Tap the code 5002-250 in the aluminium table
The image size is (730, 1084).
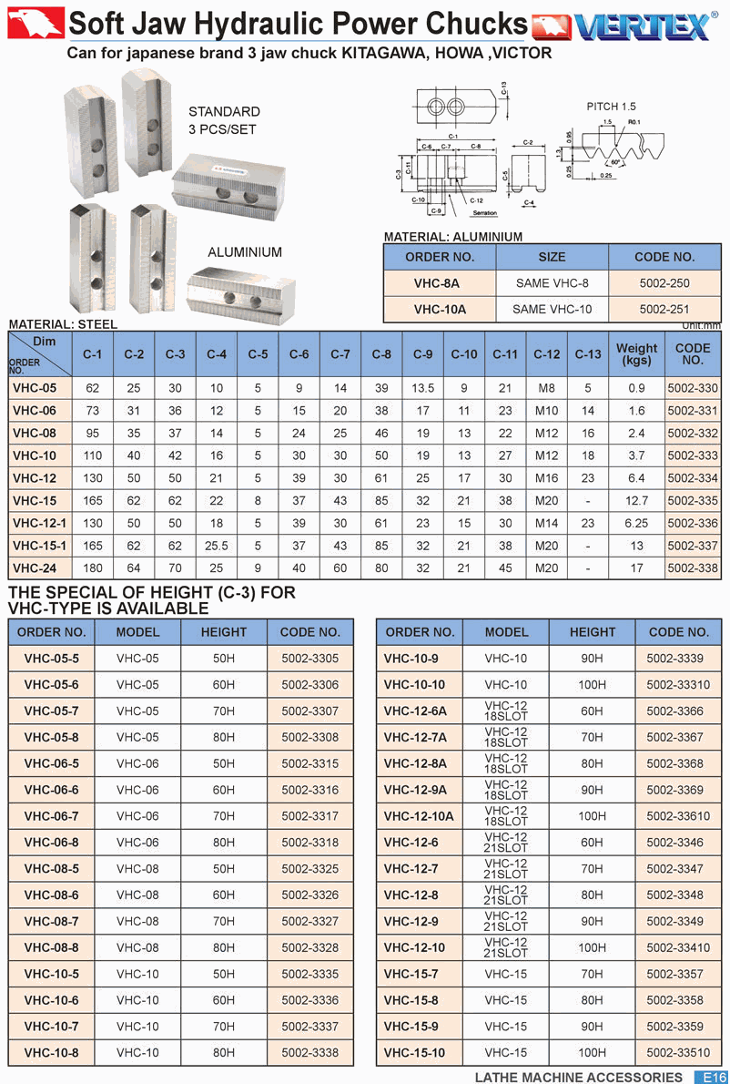click(x=664, y=283)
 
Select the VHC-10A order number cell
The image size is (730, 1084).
click(x=440, y=309)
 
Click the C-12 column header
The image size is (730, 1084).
click(x=547, y=354)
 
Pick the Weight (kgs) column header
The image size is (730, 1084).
click(x=636, y=354)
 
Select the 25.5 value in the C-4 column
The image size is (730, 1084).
click(x=217, y=546)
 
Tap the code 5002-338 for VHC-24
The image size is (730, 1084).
click(x=693, y=568)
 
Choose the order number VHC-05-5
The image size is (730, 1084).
click(x=51, y=659)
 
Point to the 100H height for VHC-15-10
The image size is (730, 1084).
click(x=592, y=1053)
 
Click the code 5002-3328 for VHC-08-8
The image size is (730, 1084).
click(x=309, y=948)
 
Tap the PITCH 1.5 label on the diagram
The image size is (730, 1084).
click(x=611, y=107)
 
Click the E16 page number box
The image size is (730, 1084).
click(x=711, y=1077)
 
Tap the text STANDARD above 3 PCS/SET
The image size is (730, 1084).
click(x=224, y=112)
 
